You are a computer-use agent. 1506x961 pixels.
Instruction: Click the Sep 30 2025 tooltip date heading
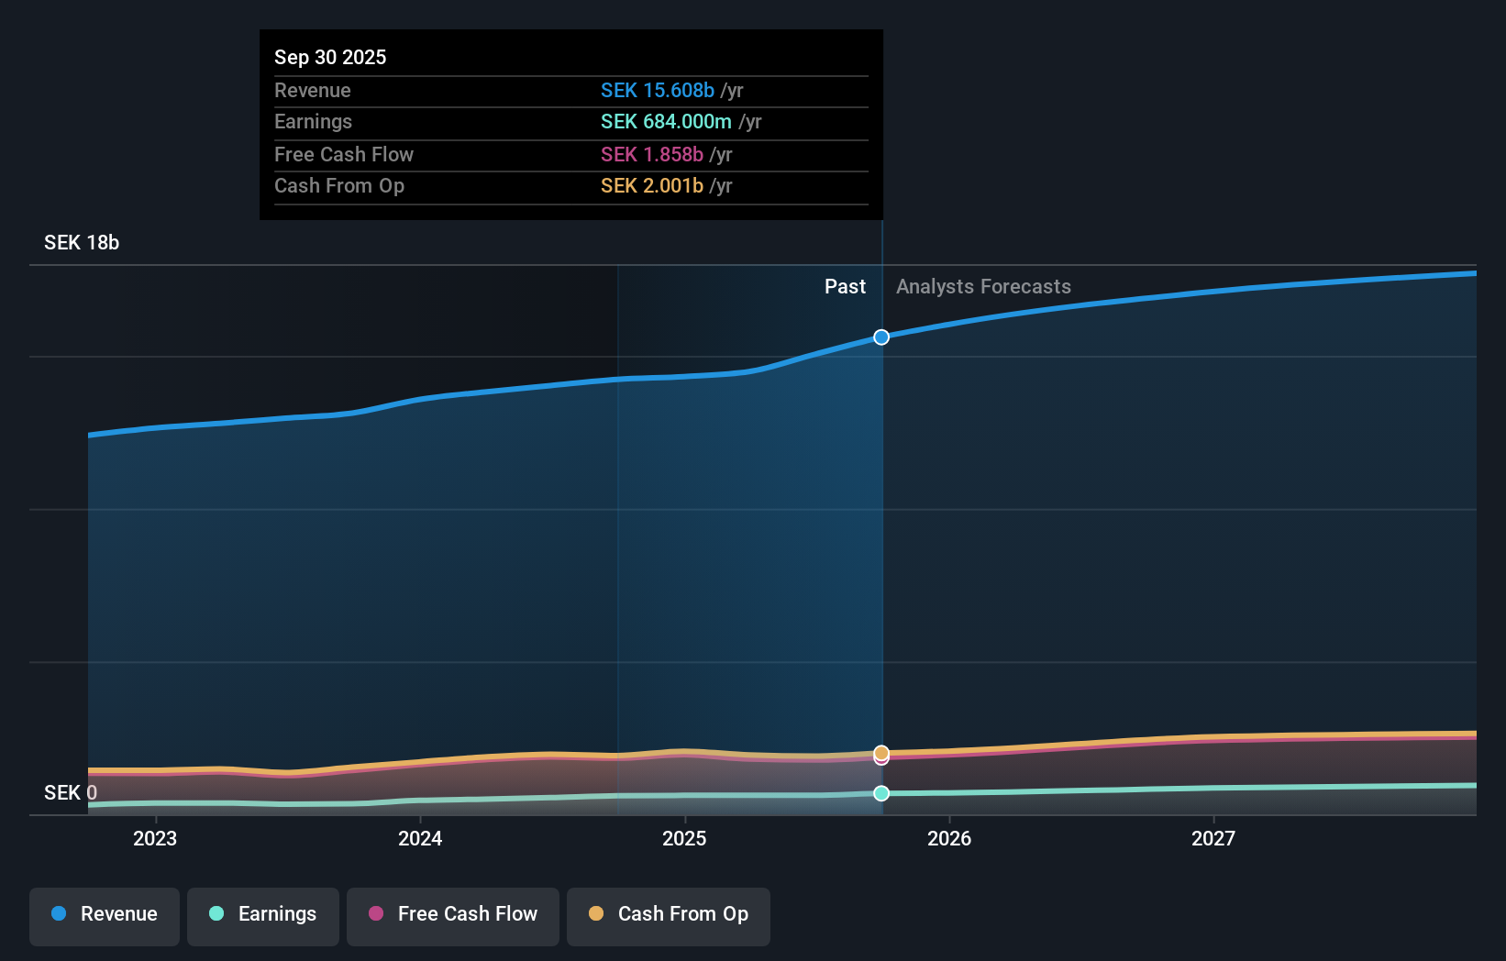pos(330,57)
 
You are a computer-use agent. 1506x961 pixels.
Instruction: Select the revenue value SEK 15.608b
pos(657,90)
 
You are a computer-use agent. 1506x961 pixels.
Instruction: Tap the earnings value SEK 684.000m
pos(666,122)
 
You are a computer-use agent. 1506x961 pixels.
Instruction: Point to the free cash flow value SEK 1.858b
pos(651,154)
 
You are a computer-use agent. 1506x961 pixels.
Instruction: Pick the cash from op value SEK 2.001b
pos(651,186)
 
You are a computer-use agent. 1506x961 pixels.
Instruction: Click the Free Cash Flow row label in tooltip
pos(344,154)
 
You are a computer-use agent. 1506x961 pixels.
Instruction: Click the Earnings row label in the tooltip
pos(313,122)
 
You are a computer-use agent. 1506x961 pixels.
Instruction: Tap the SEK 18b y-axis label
pos(82,243)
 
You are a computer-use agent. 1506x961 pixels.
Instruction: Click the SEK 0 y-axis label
pos(71,792)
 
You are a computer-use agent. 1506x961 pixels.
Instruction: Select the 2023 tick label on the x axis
pos(155,838)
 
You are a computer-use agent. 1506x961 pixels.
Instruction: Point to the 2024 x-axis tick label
pos(420,838)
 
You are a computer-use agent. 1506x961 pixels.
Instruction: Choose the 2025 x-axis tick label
pos(684,838)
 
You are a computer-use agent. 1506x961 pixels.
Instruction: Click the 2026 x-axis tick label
pos(949,838)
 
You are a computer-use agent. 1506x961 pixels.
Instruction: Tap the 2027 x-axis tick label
pos(1213,838)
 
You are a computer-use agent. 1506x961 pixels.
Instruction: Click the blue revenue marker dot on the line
pos(881,337)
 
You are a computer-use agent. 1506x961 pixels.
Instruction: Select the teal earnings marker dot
pos(881,793)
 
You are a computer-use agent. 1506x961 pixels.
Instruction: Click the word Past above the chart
pos(845,287)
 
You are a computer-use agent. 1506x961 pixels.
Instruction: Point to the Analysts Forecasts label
pos(983,287)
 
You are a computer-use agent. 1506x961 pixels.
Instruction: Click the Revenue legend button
pos(105,914)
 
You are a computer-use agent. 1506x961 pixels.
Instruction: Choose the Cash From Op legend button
pos(669,914)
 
